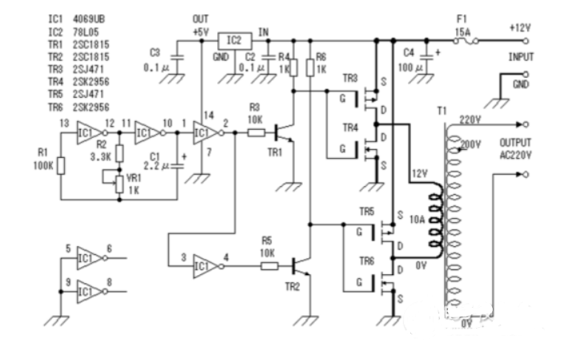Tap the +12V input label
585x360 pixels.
click(x=520, y=26)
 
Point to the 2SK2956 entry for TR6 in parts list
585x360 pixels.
click(x=91, y=107)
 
